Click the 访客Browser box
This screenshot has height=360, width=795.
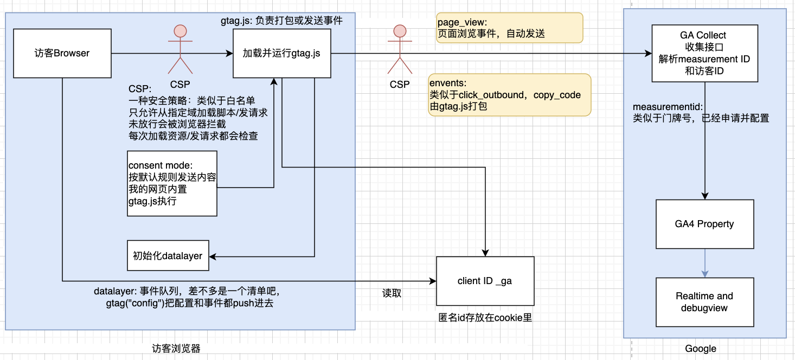[61, 53]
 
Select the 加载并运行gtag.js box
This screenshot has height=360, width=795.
[281, 53]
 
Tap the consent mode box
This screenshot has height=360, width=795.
[172, 183]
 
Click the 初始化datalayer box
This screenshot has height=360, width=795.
[168, 255]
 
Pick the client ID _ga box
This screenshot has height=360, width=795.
[485, 281]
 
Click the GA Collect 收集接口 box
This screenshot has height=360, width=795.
[704, 53]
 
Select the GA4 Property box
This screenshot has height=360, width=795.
[704, 224]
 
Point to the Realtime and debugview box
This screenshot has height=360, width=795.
[704, 302]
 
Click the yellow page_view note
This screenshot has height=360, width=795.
[509, 28]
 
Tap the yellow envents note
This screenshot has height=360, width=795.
[509, 95]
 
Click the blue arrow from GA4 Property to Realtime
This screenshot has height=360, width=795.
[704, 263]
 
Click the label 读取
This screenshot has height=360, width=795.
[392, 293]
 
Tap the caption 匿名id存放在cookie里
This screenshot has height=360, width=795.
[485, 318]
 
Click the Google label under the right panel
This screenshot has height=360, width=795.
[700, 349]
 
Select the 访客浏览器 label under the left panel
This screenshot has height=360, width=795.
[176, 349]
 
